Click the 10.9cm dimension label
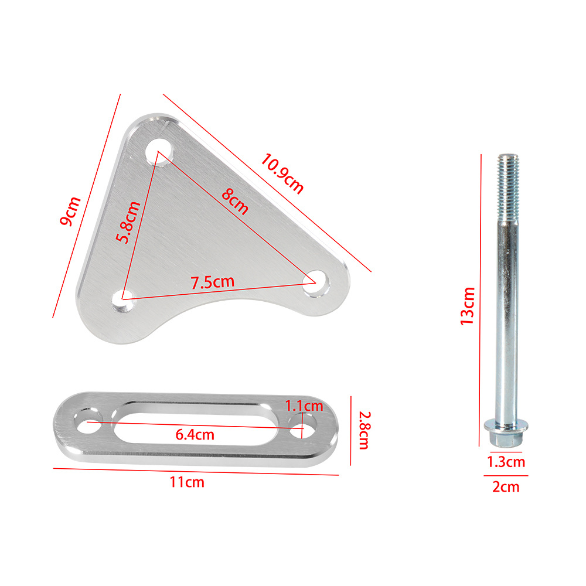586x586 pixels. [x=282, y=173]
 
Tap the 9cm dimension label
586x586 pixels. [x=70, y=211]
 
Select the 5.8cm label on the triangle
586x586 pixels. [x=128, y=222]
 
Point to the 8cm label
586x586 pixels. [x=235, y=202]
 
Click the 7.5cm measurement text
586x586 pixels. [x=213, y=282]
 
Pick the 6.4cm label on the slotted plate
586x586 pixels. [x=195, y=435]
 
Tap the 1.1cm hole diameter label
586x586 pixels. [x=304, y=406]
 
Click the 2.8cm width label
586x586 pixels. [x=364, y=430]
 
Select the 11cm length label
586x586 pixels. [x=187, y=482]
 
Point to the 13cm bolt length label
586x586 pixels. [x=467, y=306]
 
